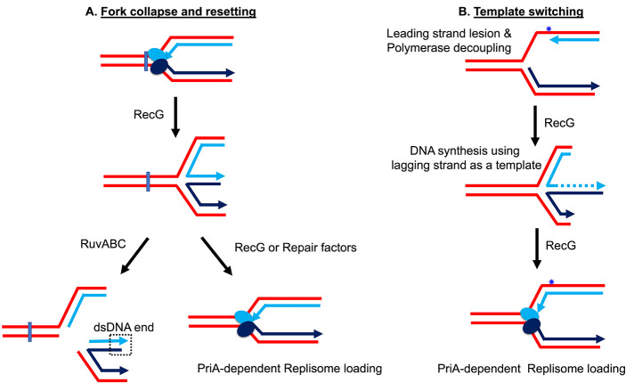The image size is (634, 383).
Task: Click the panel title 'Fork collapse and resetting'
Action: pyautogui.click(x=178, y=12)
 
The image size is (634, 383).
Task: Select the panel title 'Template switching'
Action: pyautogui.click(x=528, y=12)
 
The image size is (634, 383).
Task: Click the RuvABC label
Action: pyautogui.click(x=103, y=244)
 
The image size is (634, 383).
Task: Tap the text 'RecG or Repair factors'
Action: pyautogui.click(x=296, y=248)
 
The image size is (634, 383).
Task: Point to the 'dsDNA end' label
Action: pyautogui.click(x=124, y=327)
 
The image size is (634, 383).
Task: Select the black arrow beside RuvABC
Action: pyautogui.click(x=134, y=256)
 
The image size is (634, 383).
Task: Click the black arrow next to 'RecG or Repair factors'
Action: pyautogui.click(x=216, y=257)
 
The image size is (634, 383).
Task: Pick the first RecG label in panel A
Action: pyautogui.click(x=149, y=115)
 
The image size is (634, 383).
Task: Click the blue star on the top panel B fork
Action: pyautogui.click(x=549, y=29)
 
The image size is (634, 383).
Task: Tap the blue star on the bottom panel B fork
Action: pyautogui.click(x=550, y=281)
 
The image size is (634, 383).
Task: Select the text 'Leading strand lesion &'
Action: pyautogui.click(x=449, y=33)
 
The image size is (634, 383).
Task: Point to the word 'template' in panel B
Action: pyautogui.click(x=518, y=165)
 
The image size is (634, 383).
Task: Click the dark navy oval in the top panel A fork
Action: pyautogui.click(x=159, y=66)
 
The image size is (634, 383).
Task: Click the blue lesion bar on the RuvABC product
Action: pyautogui.click(x=30, y=331)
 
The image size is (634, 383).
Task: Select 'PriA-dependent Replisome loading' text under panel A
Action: pyautogui.click(x=289, y=369)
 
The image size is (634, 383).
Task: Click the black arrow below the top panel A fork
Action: pyautogui.click(x=175, y=117)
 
